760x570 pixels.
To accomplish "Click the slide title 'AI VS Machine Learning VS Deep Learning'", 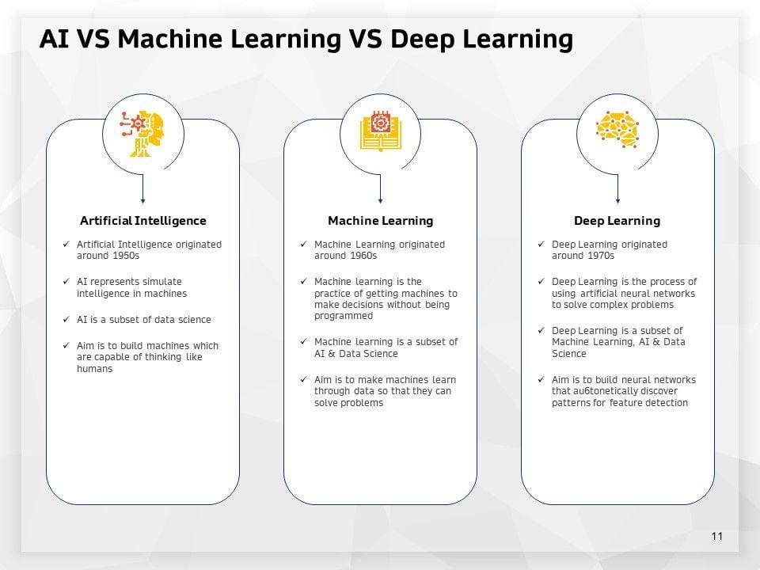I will click(x=306, y=38).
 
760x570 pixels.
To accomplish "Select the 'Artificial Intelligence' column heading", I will click(x=143, y=221).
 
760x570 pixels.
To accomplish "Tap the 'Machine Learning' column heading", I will click(x=381, y=221).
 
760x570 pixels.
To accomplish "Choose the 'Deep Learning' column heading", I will click(x=617, y=221).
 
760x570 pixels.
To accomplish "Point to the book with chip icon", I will click(x=380, y=131).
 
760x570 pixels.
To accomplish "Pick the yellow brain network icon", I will click(x=617, y=128).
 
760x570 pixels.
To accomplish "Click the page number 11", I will click(x=717, y=536).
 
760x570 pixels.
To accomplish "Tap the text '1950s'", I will click(x=124, y=256).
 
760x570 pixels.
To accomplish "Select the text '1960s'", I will click(x=362, y=256).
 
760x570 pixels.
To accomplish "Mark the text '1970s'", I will click(x=599, y=256).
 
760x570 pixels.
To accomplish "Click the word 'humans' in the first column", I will click(x=94, y=369).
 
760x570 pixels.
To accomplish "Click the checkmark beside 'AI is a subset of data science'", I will click(x=66, y=319).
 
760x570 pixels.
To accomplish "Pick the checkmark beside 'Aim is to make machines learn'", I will click(x=304, y=379).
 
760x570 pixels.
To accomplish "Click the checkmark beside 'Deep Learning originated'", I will click(x=541, y=244).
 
